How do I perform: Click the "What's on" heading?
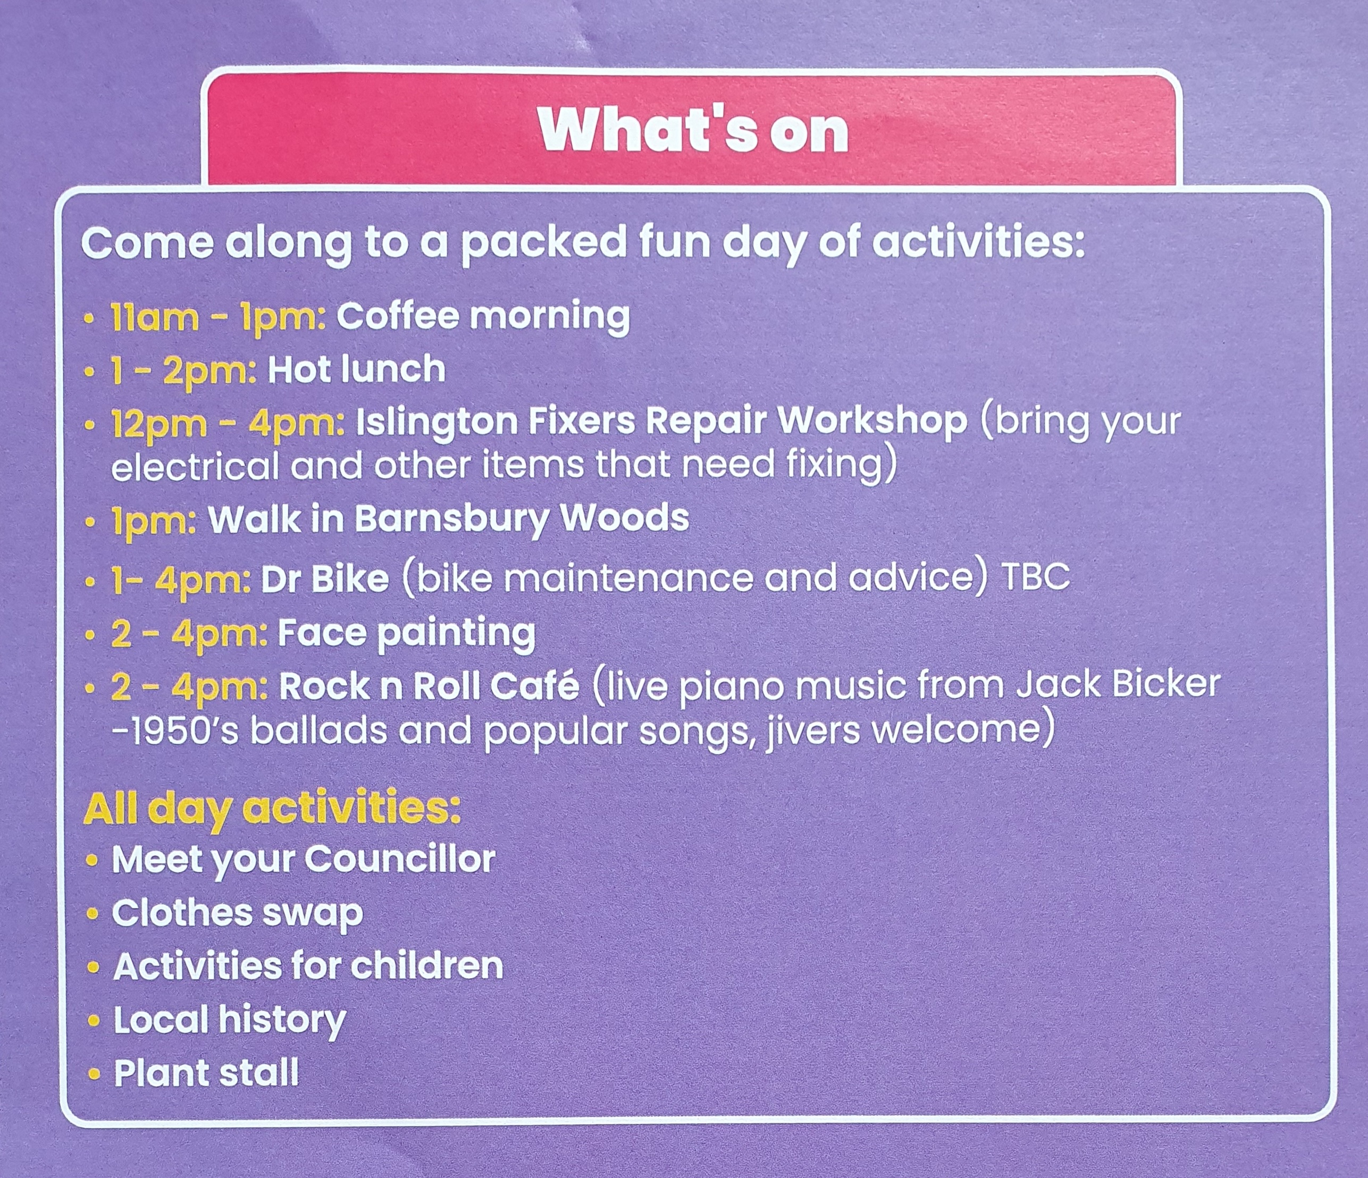(x=693, y=130)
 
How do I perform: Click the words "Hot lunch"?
(x=357, y=369)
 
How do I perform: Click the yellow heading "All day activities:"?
(x=272, y=809)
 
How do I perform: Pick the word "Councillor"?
(x=399, y=859)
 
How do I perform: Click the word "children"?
(x=426, y=966)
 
